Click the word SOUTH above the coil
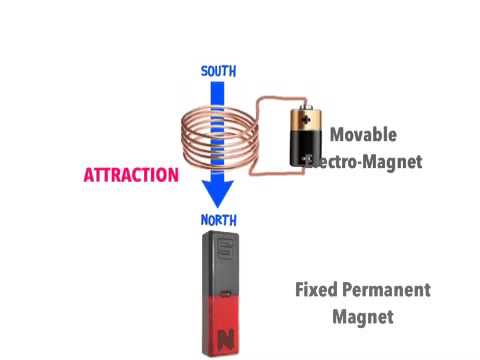point(219,71)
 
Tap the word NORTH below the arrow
point(219,220)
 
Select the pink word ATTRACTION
point(131,174)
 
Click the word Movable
point(363,135)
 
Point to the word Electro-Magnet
point(368,161)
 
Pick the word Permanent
point(385,291)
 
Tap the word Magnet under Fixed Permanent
point(364,318)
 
